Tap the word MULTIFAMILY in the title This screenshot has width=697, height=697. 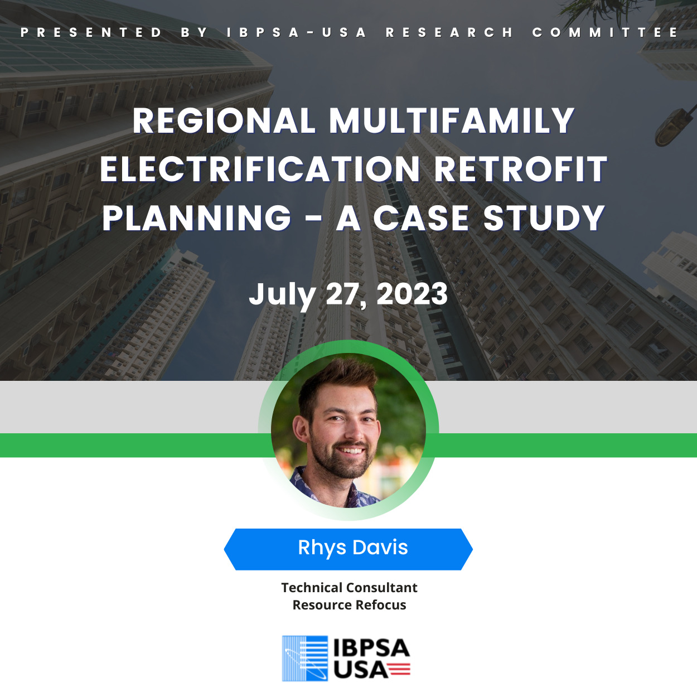(x=452, y=120)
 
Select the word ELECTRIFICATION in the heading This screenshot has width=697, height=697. (x=260, y=169)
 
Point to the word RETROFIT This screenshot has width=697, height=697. (x=520, y=169)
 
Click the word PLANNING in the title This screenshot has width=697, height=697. (x=196, y=218)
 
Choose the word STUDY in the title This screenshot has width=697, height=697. (x=544, y=218)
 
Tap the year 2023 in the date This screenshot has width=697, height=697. (x=412, y=294)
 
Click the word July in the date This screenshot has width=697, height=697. (x=282, y=296)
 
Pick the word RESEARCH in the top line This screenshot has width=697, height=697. (x=449, y=32)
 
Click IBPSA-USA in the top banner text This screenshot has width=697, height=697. (x=296, y=32)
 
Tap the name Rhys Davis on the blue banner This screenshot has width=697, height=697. (x=352, y=547)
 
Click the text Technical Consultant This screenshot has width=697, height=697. (x=349, y=588)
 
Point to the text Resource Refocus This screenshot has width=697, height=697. (x=349, y=605)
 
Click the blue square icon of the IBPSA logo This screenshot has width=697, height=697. (x=304, y=659)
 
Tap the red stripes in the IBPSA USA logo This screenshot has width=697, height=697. (x=399, y=670)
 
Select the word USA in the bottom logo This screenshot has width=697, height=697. (x=360, y=670)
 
